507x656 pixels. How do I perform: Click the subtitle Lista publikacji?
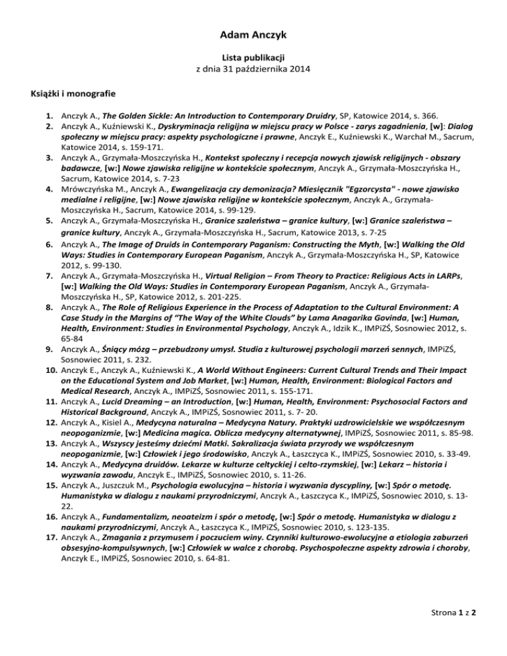[253, 55]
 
